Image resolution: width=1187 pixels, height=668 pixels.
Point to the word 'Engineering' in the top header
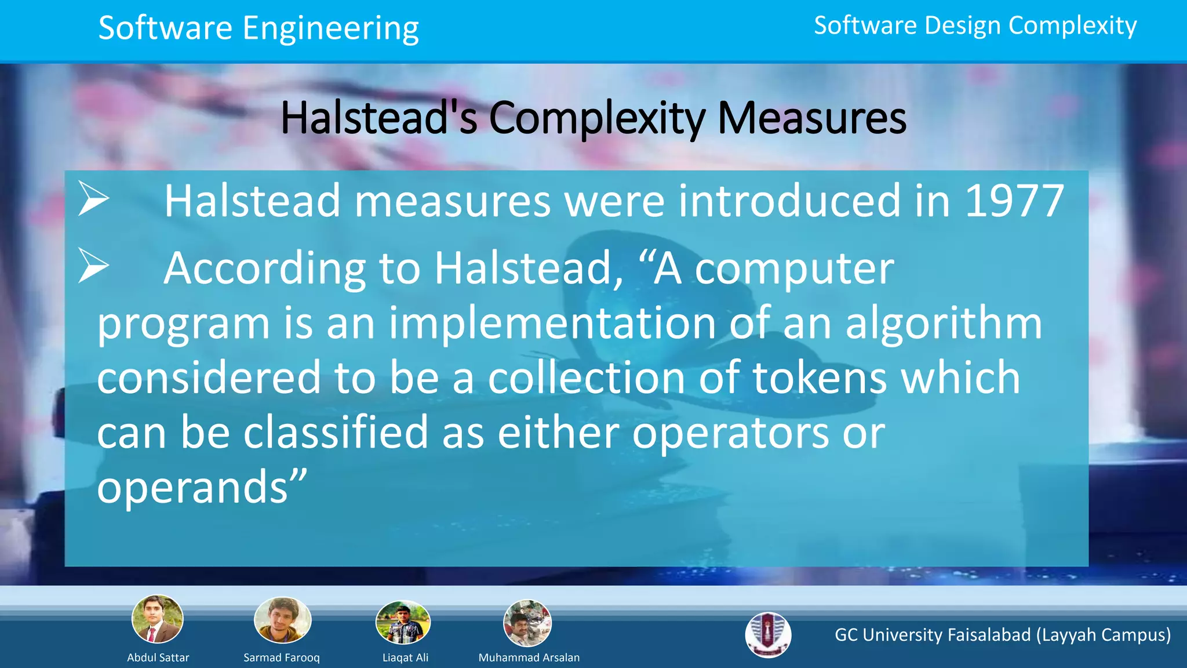[x=330, y=29]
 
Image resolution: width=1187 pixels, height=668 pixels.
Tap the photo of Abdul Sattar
[x=158, y=619]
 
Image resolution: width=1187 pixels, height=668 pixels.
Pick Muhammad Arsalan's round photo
[x=527, y=623]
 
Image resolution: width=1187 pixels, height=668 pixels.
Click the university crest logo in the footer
[x=768, y=635]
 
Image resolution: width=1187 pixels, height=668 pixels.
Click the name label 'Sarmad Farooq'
[x=282, y=658]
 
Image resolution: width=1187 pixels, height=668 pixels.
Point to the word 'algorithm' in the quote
[x=944, y=324]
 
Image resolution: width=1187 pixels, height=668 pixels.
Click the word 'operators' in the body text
[x=730, y=433]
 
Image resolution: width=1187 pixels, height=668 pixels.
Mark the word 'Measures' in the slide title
[x=811, y=119]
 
